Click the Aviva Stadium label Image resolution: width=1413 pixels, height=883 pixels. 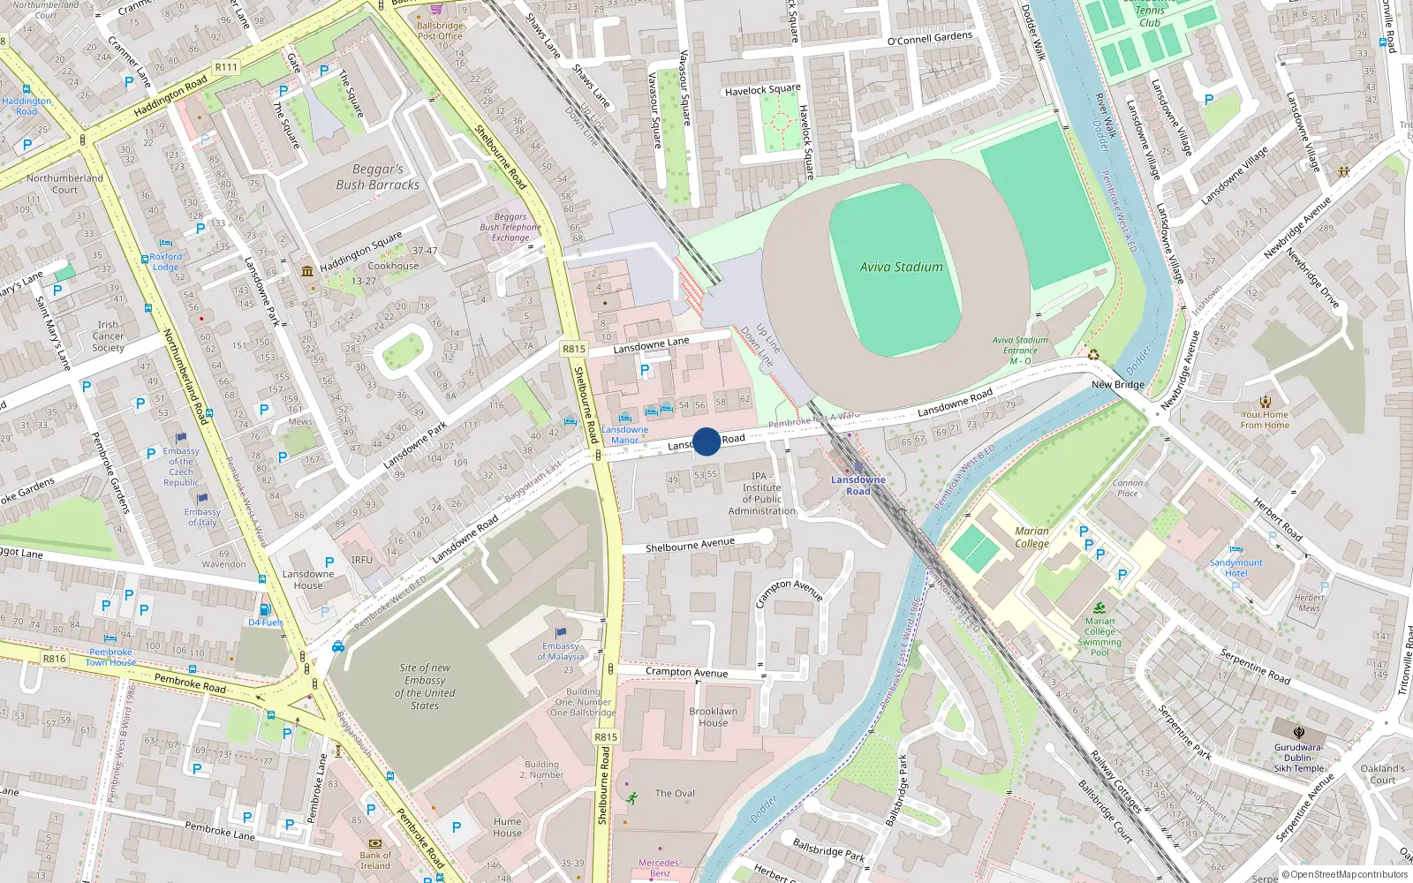(x=901, y=267)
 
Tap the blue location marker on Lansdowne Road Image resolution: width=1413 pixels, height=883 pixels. (x=706, y=441)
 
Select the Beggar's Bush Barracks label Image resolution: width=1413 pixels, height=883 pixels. (x=377, y=177)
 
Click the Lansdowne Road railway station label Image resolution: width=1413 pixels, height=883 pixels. (x=858, y=486)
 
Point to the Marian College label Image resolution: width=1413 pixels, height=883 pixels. (x=1031, y=537)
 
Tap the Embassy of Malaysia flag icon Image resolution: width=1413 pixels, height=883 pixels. (x=561, y=633)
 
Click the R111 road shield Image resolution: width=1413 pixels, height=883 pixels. (x=226, y=67)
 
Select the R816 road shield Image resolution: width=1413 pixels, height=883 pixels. (x=54, y=659)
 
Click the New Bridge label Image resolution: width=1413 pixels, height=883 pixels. (x=1117, y=385)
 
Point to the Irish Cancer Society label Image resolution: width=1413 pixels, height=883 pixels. (x=108, y=336)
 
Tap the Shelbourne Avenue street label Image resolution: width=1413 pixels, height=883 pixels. (x=690, y=546)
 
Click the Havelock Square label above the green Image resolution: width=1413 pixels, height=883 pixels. (x=762, y=90)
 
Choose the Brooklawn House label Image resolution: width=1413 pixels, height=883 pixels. (x=714, y=717)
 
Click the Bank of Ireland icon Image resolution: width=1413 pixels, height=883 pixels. (x=374, y=843)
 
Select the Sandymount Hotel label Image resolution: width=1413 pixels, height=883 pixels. (x=1235, y=568)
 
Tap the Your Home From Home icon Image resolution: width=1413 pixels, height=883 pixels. (x=1266, y=401)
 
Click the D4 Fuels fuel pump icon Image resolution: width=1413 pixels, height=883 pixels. (x=264, y=610)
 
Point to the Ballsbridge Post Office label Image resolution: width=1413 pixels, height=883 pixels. (x=440, y=31)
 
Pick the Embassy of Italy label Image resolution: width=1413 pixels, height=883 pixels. (x=202, y=517)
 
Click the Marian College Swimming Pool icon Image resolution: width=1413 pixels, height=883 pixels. (x=1099, y=608)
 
